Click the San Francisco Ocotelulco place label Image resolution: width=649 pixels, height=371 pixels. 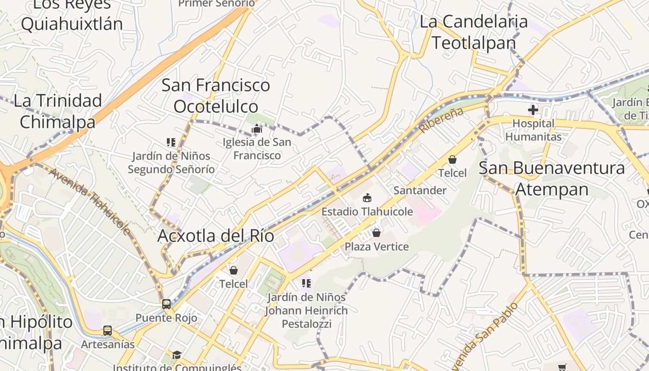(x=216, y=95)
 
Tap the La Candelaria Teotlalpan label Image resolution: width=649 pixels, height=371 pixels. (x=474, y=32)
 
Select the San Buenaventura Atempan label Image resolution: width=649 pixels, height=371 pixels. (x=552, y=179)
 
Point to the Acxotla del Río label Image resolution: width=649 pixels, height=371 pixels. (x=216, y=236)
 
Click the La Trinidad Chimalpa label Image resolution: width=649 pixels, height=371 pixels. (x=57, y=111)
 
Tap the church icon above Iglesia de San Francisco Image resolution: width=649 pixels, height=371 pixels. (x=257, y=128)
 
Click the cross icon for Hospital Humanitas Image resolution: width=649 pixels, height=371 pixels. (x=533, y=110)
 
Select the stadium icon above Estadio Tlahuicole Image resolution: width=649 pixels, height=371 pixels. (x=367, y=198)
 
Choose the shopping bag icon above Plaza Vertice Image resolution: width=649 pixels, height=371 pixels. (x=376, y=232)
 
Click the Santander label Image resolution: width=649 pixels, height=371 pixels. (x=420, y=190)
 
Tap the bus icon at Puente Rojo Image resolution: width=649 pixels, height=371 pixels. (x=166, y=304)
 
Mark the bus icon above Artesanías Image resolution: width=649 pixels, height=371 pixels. (x=108, y=331)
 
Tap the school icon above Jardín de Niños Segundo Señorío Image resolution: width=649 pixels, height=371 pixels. (x=171, y=142)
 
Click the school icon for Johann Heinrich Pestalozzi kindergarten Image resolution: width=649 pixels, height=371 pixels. (x=305, y=283)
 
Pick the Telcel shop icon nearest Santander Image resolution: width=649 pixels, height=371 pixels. (x=452, y=160)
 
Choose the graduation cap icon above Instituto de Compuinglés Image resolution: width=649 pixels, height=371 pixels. (x=177, y=355)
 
